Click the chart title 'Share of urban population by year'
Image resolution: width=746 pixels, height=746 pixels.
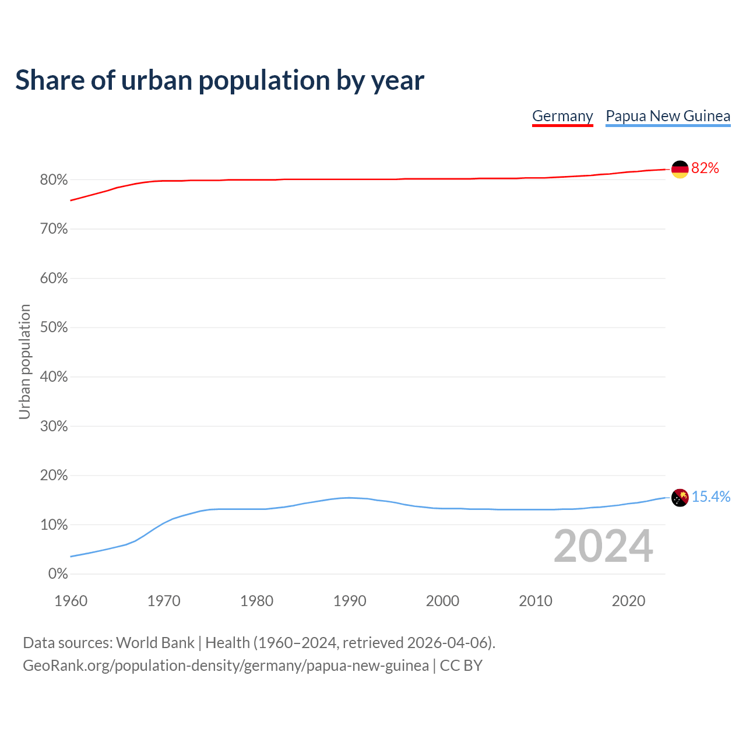220,80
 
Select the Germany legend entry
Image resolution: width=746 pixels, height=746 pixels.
562,116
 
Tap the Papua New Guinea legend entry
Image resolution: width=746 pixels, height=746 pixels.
668,116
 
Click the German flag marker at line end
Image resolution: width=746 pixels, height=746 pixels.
680,169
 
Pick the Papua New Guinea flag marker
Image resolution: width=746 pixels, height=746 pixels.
680,498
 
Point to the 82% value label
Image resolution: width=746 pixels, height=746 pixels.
705,168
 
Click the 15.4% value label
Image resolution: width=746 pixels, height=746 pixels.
711,497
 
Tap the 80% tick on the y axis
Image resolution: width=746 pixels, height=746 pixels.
54,180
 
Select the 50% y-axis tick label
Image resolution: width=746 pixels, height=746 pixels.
54,328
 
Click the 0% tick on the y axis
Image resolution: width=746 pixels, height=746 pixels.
58,574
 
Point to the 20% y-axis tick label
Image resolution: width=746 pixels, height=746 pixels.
54,476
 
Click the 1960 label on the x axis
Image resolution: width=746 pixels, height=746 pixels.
71,601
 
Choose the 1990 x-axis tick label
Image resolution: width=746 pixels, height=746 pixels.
350,601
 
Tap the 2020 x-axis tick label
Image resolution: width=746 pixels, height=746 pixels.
628,601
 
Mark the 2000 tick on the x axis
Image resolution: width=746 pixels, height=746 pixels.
442,601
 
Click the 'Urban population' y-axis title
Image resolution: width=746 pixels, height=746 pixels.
24,362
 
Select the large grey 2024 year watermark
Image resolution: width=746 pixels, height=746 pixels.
603,546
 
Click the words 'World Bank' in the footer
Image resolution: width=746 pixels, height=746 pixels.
155,643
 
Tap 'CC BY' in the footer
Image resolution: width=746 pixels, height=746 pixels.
461,666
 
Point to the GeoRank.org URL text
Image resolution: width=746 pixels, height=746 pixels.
226,666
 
